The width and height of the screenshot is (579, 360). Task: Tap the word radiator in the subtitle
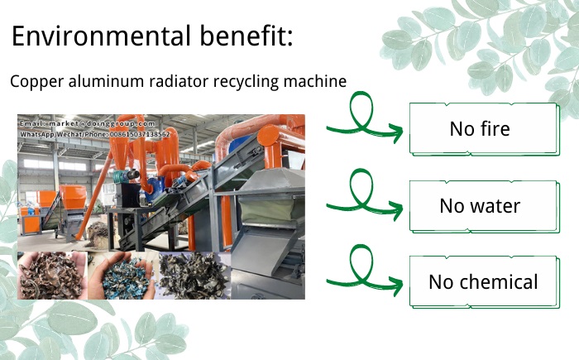point(170,82)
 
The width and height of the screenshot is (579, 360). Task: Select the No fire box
point(480,129)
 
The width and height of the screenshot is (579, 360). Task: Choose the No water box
point(480,205)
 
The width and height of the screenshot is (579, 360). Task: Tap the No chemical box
point(482,282)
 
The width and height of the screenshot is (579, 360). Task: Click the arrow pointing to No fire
point(364,122)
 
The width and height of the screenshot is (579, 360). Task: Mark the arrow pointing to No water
point(364,199)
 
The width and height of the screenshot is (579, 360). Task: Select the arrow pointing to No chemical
point(364,276)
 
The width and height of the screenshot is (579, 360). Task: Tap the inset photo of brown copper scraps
point(51,275)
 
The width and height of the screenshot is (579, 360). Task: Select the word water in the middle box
point(494,205)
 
